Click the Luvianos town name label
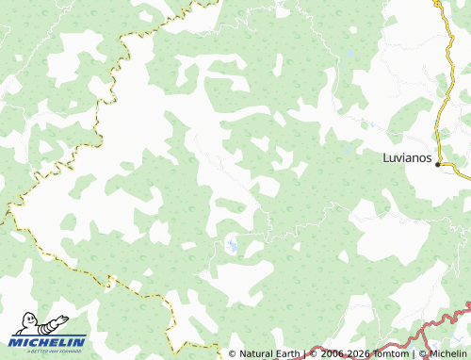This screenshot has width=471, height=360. (x=407, y=158)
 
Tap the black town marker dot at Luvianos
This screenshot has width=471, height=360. (x=438, y=163)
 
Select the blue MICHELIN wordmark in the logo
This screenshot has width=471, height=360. (x=48, y=341)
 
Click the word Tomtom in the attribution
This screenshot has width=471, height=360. (x=386, y=354)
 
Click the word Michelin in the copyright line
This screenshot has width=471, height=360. (x=447, y=354)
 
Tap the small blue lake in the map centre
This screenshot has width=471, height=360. (x=230, y=248)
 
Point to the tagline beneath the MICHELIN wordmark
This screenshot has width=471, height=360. (x=48, y=350)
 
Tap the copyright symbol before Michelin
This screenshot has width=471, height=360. (x=422, y=354)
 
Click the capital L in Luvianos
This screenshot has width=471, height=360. (x=386, y=158)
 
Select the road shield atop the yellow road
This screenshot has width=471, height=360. (x=437, y=3)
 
